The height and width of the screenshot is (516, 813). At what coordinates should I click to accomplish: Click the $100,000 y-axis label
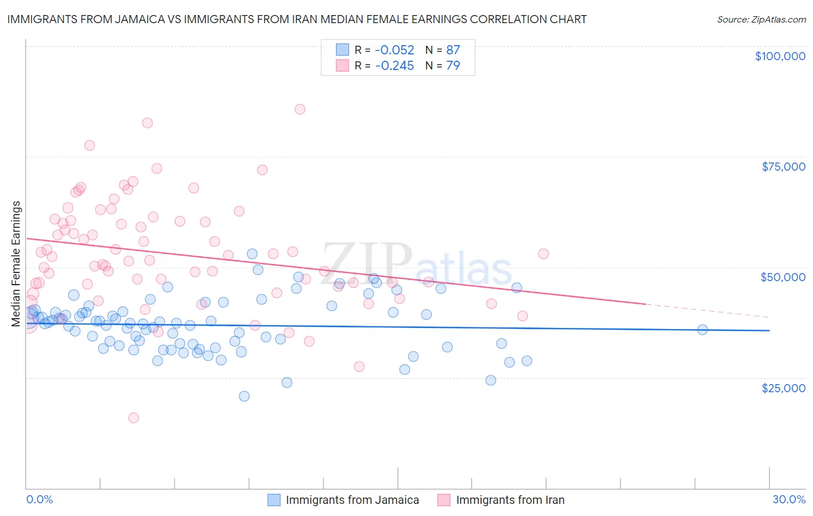click(x=780, y=56)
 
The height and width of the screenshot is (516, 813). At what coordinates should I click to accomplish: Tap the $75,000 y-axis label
click(x=784, y=167)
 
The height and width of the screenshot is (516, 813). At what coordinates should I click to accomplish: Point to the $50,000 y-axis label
click(x=783, y=277)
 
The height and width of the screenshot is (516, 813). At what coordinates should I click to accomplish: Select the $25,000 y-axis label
click(x=784, y=388)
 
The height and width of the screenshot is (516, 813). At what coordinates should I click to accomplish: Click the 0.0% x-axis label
click(x=39, y=499)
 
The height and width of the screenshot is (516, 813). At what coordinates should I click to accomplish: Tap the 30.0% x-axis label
click(x=789, y=499)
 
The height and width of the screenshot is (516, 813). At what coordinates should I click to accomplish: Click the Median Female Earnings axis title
click(x=16, y=264)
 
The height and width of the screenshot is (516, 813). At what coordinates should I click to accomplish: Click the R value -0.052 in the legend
click(x=394, y=50)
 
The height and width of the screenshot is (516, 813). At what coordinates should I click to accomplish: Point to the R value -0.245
click(x=394, y=65)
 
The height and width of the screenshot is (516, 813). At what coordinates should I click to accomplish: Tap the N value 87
click(x=453, y=50)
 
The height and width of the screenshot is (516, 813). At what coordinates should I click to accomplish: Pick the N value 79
click(x=453, y=65)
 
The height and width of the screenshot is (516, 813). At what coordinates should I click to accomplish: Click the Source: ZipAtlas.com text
click(x=761, y=20)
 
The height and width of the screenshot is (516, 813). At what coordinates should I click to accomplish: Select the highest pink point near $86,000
click(x=300, y=109)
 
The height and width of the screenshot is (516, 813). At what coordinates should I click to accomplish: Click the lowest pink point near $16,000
click(x=134, y=418)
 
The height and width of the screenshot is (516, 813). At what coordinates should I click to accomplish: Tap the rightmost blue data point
click(x=703, y=330)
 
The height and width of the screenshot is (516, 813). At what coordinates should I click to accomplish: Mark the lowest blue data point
click(x=244, y=396)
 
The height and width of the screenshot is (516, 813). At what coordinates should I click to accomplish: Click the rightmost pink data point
click(x=543, y=253)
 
